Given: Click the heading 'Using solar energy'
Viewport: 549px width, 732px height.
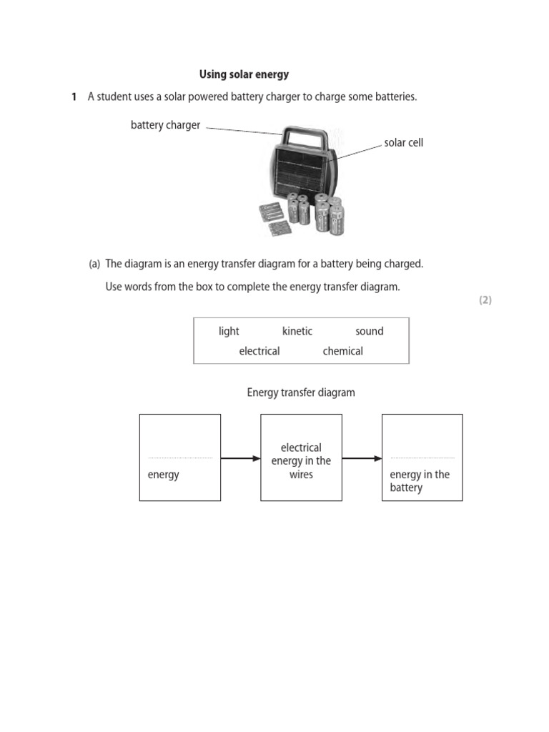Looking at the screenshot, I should [x=244, y=74].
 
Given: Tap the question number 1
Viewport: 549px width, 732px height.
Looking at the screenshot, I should [x=74, y=97].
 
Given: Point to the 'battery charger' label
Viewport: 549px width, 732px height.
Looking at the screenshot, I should [x=165, y=125].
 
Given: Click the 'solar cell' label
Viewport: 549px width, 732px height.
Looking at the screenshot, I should [x=403, y=142].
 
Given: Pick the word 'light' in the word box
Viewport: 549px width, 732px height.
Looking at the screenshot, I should [x=229, y=331].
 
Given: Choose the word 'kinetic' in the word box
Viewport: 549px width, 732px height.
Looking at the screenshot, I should [x=297, y=331].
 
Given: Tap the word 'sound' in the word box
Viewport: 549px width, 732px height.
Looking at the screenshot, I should [x=369, y=331].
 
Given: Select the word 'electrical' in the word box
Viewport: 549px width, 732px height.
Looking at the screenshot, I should [x=259, y=351].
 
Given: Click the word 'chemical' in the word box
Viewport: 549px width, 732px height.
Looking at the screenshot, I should [x=342, y=351].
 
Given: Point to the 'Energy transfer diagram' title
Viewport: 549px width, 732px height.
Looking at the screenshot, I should [x=301, y=392].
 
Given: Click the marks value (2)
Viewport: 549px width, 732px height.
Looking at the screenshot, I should [x=485, y=300].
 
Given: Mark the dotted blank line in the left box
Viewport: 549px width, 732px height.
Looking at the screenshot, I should [x=180, y=457].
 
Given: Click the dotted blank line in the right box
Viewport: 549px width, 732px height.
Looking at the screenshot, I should [x=422, y=457].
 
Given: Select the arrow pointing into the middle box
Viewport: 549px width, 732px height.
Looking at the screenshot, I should [x=240, y=458].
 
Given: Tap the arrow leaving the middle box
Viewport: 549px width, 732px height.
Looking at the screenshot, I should [x=362, y=458].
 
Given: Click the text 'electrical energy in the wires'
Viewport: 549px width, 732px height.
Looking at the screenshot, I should [x=301, y=461].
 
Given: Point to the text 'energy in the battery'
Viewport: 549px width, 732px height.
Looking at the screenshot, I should [x=420, y=481].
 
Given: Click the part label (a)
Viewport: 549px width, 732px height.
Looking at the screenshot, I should [x=94, y=264].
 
